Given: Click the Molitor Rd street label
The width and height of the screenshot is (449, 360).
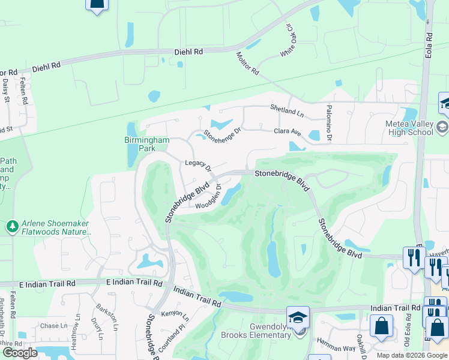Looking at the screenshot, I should pos(247,63).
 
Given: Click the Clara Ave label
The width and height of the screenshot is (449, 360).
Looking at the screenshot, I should pos(287,131).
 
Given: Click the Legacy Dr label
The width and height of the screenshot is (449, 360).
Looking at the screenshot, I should pos(198,164).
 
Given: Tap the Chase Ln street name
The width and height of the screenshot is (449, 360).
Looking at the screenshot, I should pos(54,326).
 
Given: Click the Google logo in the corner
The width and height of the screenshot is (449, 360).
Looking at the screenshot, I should pos(20,353).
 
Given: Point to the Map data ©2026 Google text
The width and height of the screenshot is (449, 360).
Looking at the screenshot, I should pos(411,355).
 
